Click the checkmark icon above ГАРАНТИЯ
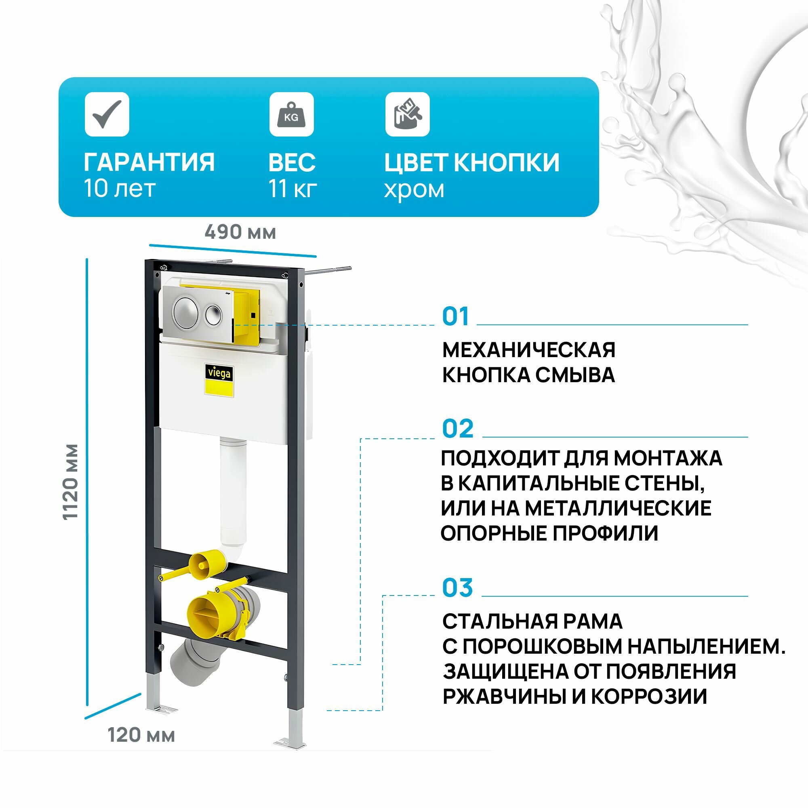[x=107, y=114]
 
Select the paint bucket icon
[x=407, y=114]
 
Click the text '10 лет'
[x=120, y=189]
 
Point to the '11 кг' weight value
[x=292, y=189]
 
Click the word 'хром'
[x=414, y=189]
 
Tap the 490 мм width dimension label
[x=240, y=232]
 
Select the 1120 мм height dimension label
[x=71, y=482]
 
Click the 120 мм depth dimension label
[x=141, y=735]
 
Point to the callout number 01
[x=455, y=317]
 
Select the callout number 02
[x=458, y=429]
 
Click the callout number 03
[x=458, y=587]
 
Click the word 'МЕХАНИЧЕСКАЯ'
[x=528, y=350]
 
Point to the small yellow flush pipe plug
[x=202, y=566]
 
